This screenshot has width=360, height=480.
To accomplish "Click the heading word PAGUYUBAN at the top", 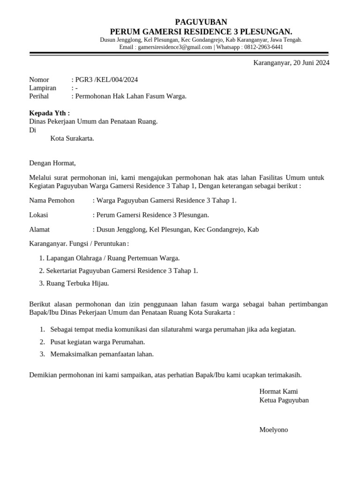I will click(x=201, y=22).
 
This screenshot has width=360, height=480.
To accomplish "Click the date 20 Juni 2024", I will click(x=311, y=63).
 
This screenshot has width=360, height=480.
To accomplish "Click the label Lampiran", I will click(x=43, y=88).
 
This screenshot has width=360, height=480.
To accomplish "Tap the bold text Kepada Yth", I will click(x=49, y=113).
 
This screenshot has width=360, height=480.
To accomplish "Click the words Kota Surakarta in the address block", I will click(x=72, y=138).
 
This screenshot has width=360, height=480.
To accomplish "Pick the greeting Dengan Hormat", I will click(x=52, y=163).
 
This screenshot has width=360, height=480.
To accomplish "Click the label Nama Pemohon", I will click(x=52, y=201).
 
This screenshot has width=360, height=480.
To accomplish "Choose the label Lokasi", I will click(x=38, y=215).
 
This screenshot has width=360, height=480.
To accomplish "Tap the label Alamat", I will click(x=39, y=230).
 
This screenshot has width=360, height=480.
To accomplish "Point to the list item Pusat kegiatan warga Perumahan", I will click(x=97, y=342).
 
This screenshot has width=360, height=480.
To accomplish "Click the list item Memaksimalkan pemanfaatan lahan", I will click(x=102, y=354).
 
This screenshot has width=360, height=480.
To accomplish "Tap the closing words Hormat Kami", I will click(x=278, y=391).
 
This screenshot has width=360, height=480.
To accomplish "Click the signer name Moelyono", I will click(x=274, y=430).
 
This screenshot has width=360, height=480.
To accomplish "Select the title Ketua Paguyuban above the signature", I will click(x=284, y=400).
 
